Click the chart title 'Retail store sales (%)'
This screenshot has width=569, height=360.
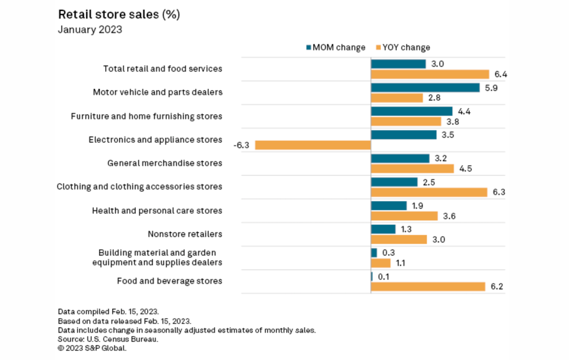(x=119, y=15)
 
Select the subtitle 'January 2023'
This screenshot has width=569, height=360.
(x=90, y=30)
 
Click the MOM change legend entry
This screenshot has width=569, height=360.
(x=335, y=48)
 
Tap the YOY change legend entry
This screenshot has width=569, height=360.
(x=403, y=48)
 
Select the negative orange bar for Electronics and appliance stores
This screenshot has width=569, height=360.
(x=313, y=145)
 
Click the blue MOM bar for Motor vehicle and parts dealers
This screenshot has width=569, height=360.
(x=425, y=88)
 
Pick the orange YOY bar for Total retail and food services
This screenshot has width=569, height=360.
(x=430, y=74)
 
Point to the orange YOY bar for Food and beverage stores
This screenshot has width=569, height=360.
(x=428, y=287)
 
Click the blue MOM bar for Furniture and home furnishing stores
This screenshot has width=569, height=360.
(x=412, y=111)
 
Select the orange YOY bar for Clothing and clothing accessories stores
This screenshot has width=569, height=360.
(x=429, y=192)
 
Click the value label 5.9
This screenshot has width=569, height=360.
(x=491, y=88)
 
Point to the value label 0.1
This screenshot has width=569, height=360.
(x=384, y=277)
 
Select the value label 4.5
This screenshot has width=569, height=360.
(x=465, y=169)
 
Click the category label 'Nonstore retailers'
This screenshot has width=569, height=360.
(x=185, y=234)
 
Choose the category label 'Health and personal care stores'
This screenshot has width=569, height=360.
(x=157, y=210)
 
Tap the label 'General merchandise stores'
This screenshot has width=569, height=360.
(x=164, y=163)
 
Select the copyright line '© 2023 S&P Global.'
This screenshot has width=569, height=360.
(x=92, y=348)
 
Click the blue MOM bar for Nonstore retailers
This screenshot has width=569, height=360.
(x=383, y=229)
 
